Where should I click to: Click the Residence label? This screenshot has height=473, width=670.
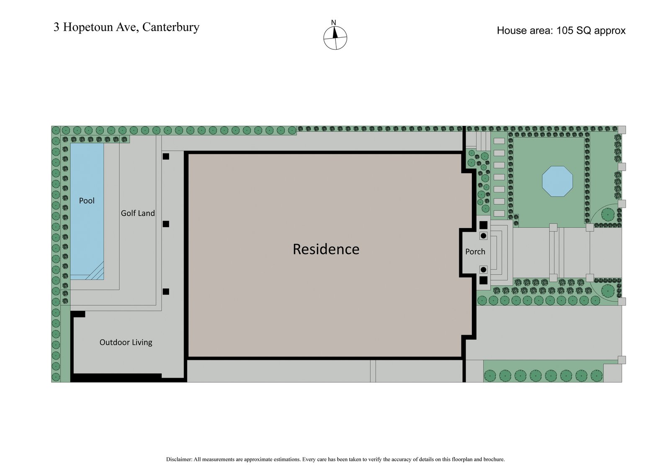(326, 249)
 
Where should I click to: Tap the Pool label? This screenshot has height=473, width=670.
(87, 201)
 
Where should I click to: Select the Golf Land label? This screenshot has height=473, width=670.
(138, 213)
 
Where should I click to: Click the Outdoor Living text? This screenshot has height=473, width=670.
(126, 342)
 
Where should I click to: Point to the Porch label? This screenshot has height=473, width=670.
(475, 251)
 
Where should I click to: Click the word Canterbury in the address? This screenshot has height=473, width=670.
(171, 27)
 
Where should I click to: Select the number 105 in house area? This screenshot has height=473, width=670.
(565, 31)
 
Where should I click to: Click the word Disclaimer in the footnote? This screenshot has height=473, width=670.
(179, 459)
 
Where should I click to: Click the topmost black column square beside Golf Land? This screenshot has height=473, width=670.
(166, 156)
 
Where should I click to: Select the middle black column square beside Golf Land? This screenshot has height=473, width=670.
(166, 224)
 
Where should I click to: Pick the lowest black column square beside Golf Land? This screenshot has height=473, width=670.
(166, 291)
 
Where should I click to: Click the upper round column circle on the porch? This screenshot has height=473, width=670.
(483, 236)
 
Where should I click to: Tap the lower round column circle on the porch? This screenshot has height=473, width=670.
(483, 270)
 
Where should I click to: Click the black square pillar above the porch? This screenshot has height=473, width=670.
(483, 225)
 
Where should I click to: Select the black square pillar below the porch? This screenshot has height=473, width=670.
(483, 281)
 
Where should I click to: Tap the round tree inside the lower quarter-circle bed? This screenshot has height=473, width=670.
(607, 290)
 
